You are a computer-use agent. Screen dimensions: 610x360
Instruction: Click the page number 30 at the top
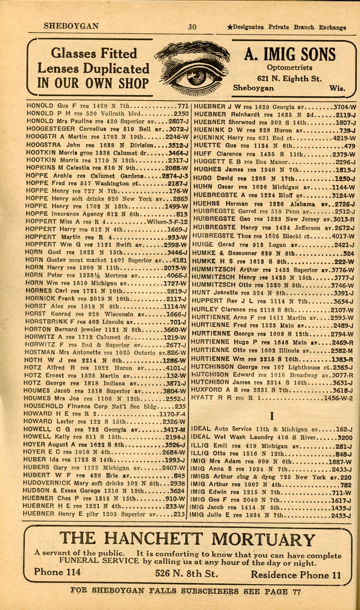(192, 27)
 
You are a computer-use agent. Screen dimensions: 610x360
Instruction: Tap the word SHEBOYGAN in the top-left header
(71, 26)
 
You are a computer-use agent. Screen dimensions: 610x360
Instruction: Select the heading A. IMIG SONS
(290, 55)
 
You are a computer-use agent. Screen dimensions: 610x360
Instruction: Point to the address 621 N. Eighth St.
(289, 79)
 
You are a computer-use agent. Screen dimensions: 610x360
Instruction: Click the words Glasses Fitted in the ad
(94, 53)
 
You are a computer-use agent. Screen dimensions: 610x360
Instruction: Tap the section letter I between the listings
(272, 416)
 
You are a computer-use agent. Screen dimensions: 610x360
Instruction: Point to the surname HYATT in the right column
(202, 398)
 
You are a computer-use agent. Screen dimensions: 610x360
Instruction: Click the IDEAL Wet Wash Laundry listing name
(233, 437)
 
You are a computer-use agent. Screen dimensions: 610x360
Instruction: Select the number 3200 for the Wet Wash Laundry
(345, 438)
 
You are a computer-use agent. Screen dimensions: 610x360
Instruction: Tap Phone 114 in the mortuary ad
(57, 571)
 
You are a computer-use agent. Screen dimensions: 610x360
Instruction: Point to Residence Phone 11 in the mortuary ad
(296, 575)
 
